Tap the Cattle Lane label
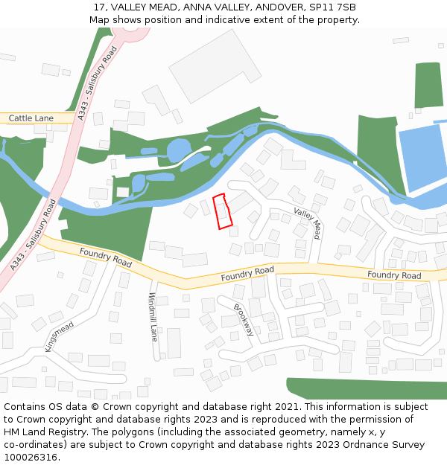[31, 118]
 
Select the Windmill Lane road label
[154, 317]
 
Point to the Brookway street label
[244, 320]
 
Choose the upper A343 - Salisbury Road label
[98, 80]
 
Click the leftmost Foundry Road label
[106, 257]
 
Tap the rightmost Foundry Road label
[394, 275]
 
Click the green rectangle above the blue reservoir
[428, 85]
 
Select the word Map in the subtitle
[101, 19]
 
